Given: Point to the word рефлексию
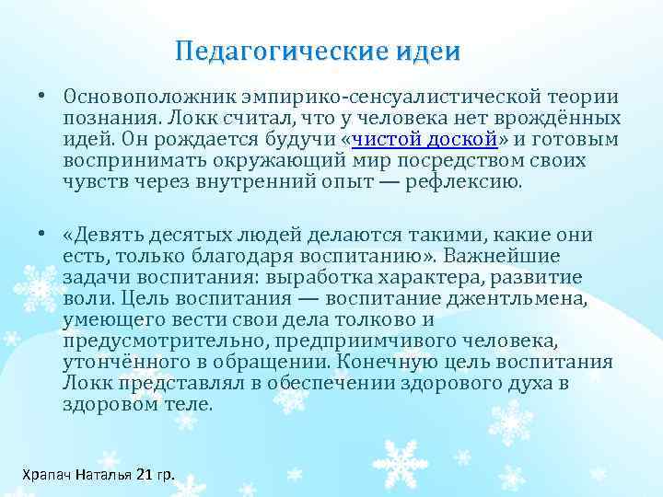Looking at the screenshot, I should click(468, 182).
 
